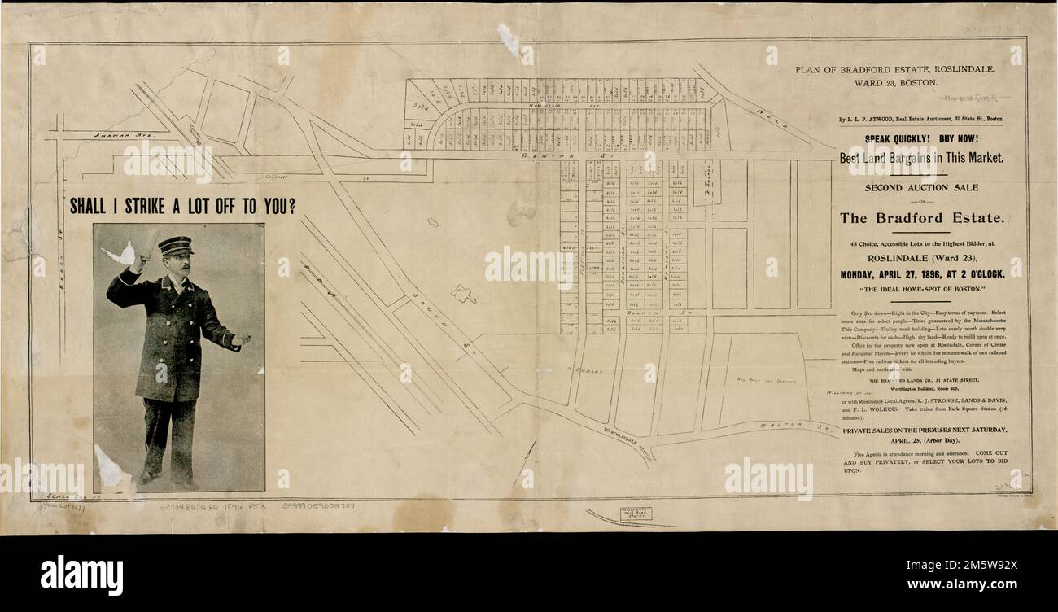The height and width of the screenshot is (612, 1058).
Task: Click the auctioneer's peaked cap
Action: [x=176, y=244]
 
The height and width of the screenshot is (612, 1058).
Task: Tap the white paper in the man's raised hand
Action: [x=120, y=255]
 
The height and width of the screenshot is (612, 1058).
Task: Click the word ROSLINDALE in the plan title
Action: [x=958, y=70]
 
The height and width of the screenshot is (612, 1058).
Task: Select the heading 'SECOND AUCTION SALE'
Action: [x=921, y=188]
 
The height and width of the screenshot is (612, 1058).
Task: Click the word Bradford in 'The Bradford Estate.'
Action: [x=921, y=218]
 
